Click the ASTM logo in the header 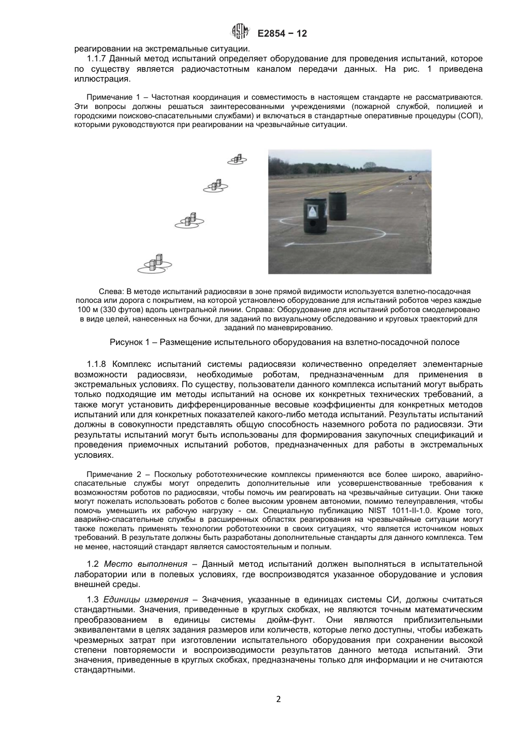tap(241, 33)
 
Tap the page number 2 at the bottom tap(279, 699)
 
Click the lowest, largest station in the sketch tap(155, 264)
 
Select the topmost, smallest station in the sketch tap(237, 159)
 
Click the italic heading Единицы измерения tap(146, 600)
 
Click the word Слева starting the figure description tap(109, 291)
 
